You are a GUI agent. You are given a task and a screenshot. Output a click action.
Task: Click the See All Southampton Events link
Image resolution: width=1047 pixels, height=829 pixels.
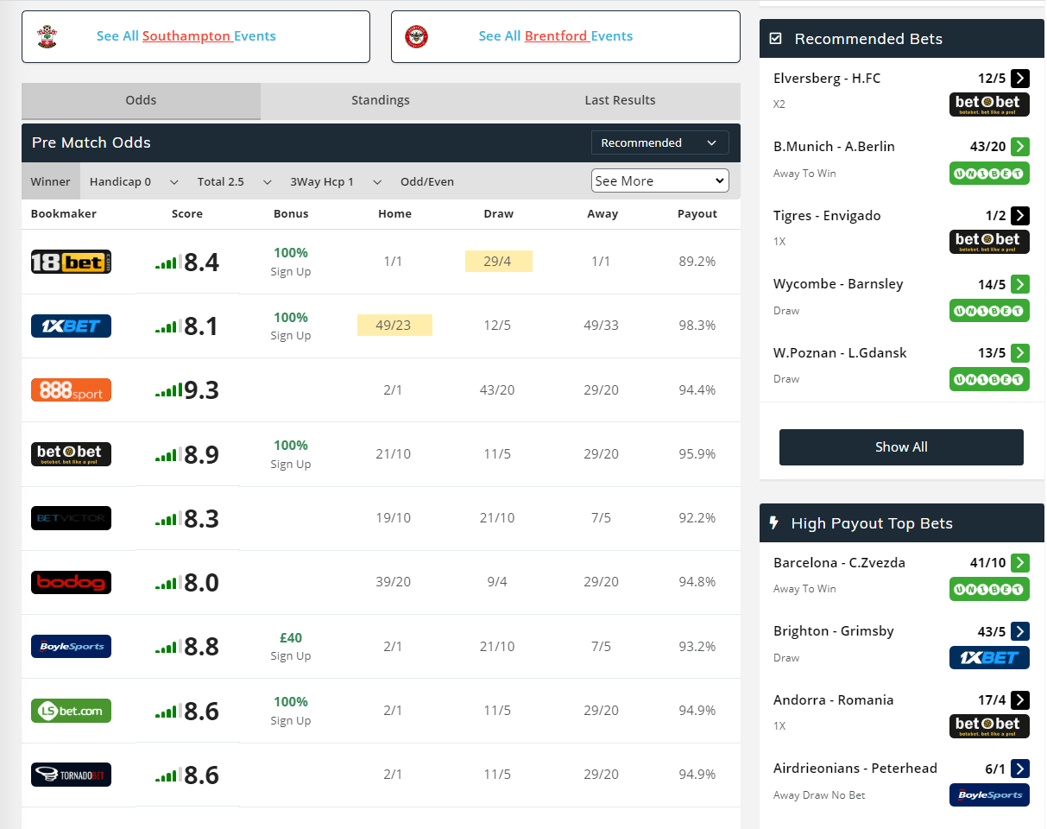coord(186,36)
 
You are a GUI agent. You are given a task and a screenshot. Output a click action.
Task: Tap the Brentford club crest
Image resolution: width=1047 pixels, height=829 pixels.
coord(417,36)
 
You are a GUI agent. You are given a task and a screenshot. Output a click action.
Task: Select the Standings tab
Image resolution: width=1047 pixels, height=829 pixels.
coord(380,100)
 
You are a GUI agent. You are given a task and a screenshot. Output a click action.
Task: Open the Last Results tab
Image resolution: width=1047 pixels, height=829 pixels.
coord(620,100)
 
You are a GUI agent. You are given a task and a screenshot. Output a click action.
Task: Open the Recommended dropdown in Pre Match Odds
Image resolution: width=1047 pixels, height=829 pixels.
coord(659,142)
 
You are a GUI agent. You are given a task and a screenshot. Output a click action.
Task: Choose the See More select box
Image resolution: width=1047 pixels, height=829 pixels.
coord(659,180)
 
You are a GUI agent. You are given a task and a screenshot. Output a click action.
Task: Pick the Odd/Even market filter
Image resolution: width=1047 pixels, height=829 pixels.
coord(426,181)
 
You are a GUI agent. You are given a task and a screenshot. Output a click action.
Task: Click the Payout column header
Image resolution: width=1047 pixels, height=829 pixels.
coord(697,213)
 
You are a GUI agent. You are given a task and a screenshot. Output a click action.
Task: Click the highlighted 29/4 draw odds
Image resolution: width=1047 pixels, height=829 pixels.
coord(498,261)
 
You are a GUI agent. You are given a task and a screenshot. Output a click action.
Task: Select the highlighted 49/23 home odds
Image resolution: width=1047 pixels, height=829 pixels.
coord(394,325)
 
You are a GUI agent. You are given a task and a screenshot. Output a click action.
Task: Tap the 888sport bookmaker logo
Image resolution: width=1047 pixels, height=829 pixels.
coord(71,389)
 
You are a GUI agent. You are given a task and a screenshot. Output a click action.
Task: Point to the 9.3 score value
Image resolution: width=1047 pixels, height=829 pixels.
coord(201,390)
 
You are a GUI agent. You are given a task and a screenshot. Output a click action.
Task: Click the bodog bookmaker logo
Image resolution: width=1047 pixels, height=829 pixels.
coord(71,582)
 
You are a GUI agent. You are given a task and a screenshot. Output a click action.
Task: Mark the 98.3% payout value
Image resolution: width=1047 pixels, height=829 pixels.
coord(697,325)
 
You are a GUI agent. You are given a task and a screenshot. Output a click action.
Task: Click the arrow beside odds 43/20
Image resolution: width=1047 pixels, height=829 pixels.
coord(1020,147)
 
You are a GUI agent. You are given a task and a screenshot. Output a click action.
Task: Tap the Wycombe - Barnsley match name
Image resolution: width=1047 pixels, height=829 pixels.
coord(836,283)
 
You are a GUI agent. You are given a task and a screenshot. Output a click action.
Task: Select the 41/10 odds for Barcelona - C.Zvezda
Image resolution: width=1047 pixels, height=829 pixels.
coord(987,562)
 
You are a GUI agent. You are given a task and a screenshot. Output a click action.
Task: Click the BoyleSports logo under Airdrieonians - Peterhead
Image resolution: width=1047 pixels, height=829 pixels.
coord(989,794)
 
